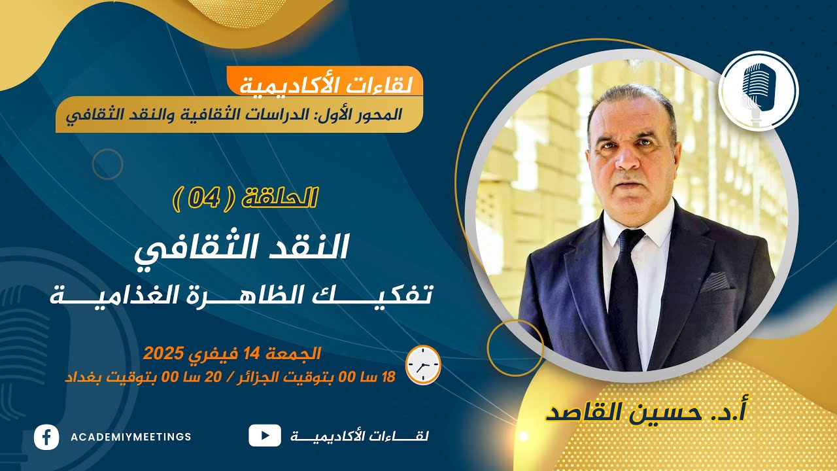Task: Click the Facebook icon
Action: pos(46,436)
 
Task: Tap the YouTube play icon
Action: pos(265,436)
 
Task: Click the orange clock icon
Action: pos(423,364)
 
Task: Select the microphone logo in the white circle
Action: pos(758,91)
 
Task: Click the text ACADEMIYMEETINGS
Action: pos(131,436)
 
